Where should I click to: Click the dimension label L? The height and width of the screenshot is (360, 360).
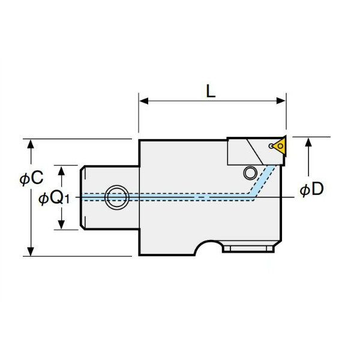[x=211, y=91]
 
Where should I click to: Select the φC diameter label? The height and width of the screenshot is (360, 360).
[x=31, y=178]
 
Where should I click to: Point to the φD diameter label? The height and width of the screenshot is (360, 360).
[x=312, y=189]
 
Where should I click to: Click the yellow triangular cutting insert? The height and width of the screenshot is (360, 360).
[x=281, y=146]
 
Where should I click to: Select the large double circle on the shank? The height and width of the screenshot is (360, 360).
[x=116, y=197]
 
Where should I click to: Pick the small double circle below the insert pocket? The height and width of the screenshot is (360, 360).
[x=250, y=173]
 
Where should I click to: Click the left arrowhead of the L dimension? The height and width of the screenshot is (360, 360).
[x=144, y=101]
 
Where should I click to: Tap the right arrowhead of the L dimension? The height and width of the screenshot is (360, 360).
[x=281, y=101]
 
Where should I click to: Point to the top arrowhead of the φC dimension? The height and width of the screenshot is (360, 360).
[x=31, y=144]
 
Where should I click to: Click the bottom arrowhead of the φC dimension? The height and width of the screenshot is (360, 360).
[x=31, y=251]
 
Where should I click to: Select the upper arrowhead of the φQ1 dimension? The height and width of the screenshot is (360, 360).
[x=61, y=170]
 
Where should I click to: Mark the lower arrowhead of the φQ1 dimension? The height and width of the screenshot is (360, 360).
[x=61, y=224]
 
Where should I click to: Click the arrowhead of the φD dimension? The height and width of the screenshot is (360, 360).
[x=308, y=142]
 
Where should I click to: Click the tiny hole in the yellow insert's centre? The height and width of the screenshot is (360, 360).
[x=280, y=146]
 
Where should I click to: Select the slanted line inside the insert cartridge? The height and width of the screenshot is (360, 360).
[x=255, y=152]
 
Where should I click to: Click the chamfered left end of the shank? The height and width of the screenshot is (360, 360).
[x=82, y=197]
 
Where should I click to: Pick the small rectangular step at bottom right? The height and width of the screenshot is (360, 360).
[x=248, y=249]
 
